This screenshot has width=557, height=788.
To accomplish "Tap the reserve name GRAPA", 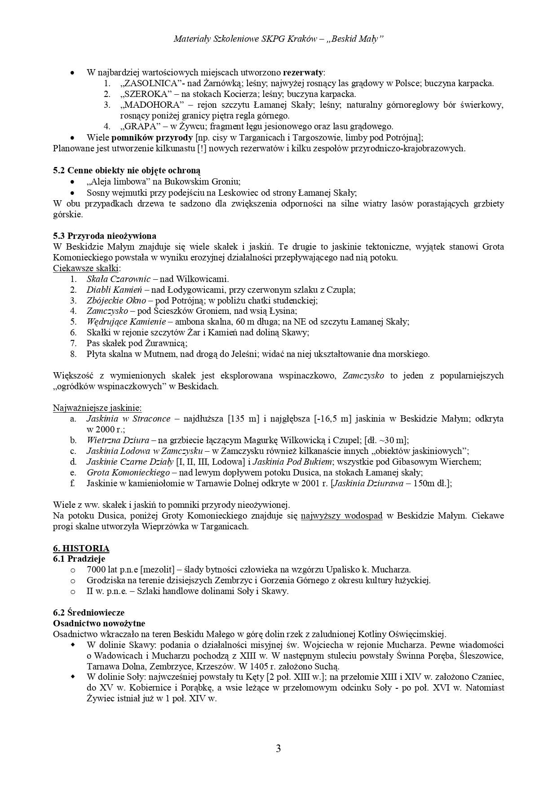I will tap(139, 127).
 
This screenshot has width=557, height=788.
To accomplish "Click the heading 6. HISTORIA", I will tap(81, 548).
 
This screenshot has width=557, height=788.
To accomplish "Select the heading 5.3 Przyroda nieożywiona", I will tap(105, 236).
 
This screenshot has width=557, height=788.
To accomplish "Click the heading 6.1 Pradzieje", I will tap(79, 559).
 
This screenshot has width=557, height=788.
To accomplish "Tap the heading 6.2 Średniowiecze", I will tap(89, 613).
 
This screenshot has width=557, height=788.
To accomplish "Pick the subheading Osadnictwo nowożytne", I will tap(99, 624).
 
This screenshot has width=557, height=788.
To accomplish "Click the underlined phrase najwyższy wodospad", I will tap(341, 516).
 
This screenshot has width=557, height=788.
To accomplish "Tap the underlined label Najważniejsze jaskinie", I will tap(97, 408).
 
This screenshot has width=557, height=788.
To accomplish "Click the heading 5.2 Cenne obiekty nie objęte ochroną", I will tap(127, 171).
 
